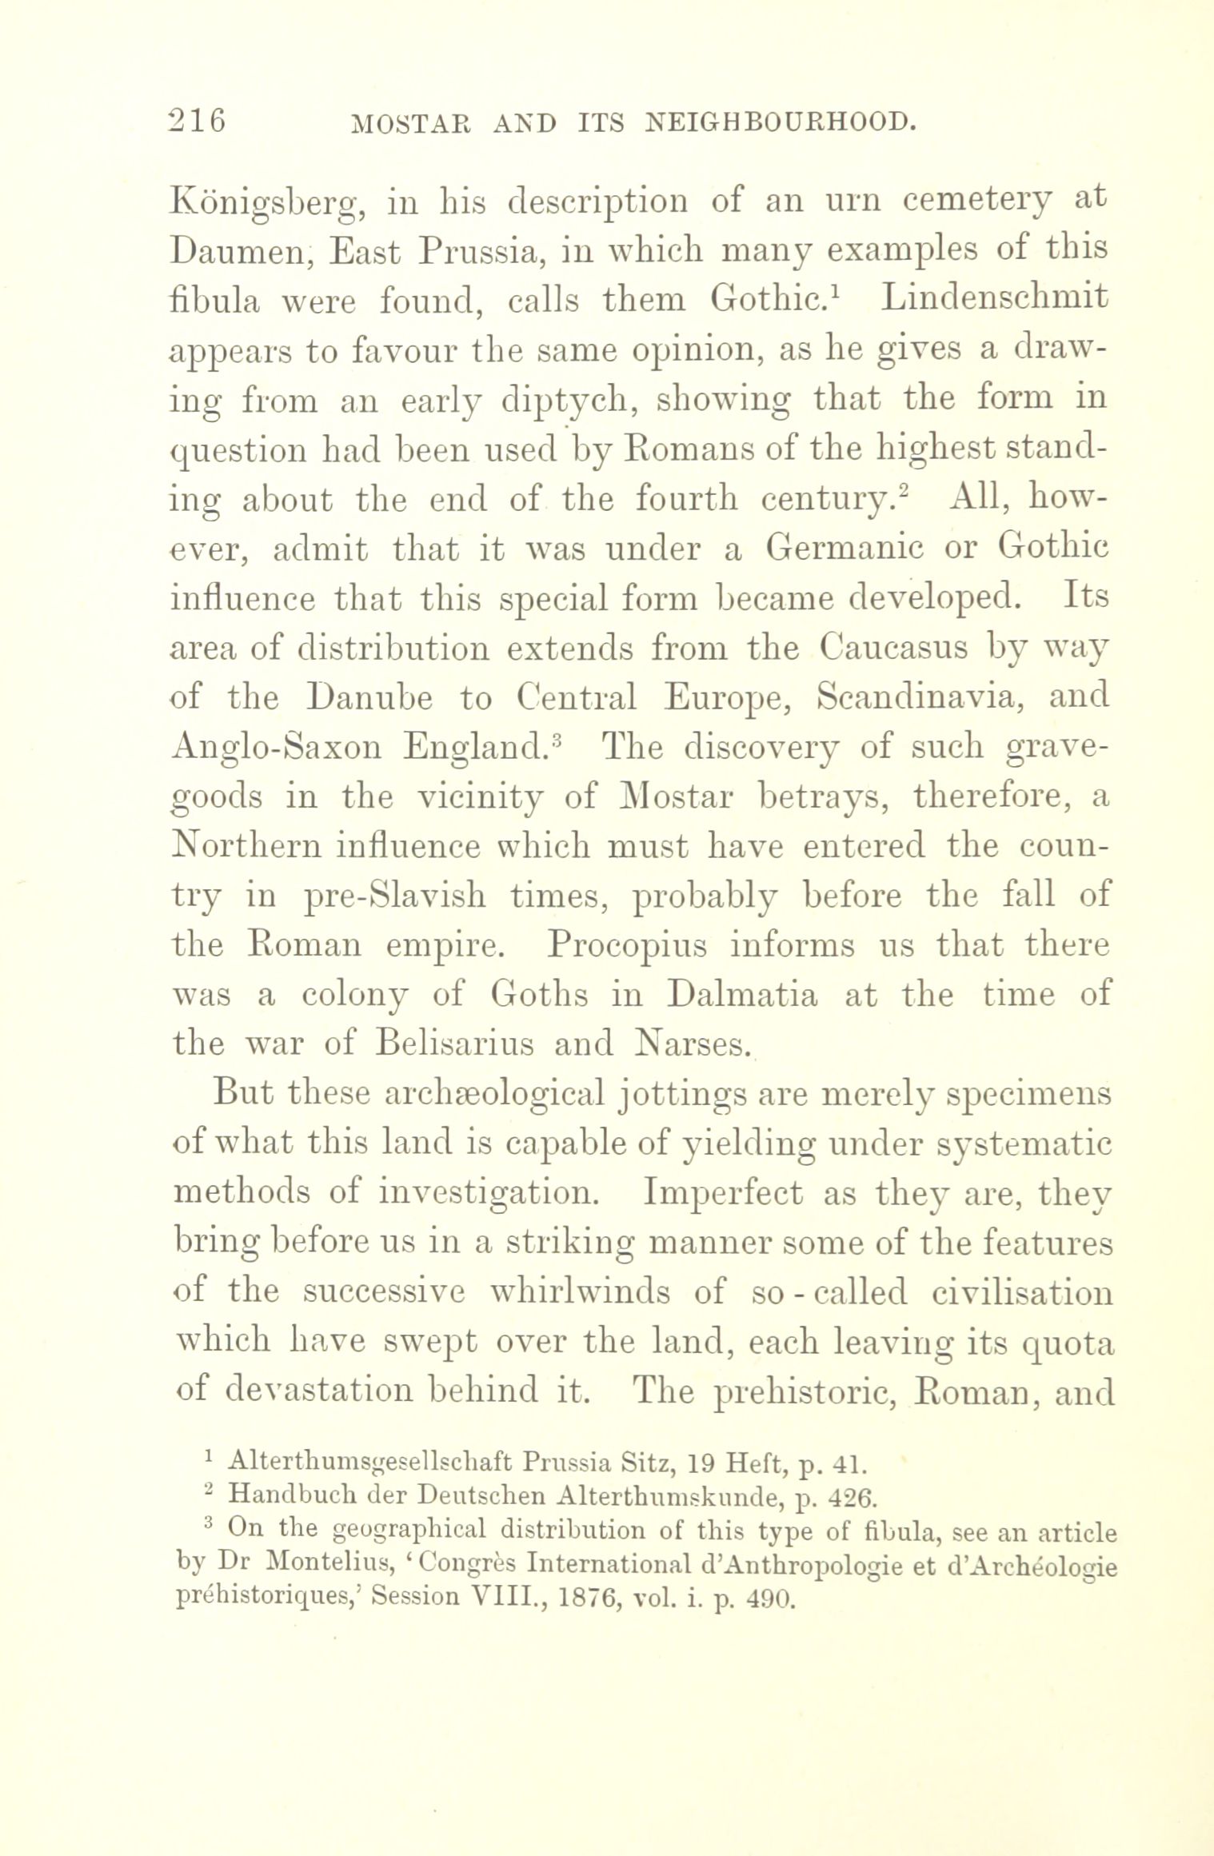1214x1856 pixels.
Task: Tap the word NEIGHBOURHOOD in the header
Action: (x=780, y=122)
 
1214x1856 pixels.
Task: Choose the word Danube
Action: (x=370, y=698)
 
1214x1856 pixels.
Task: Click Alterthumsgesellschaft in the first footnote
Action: (x=369, y=1465)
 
